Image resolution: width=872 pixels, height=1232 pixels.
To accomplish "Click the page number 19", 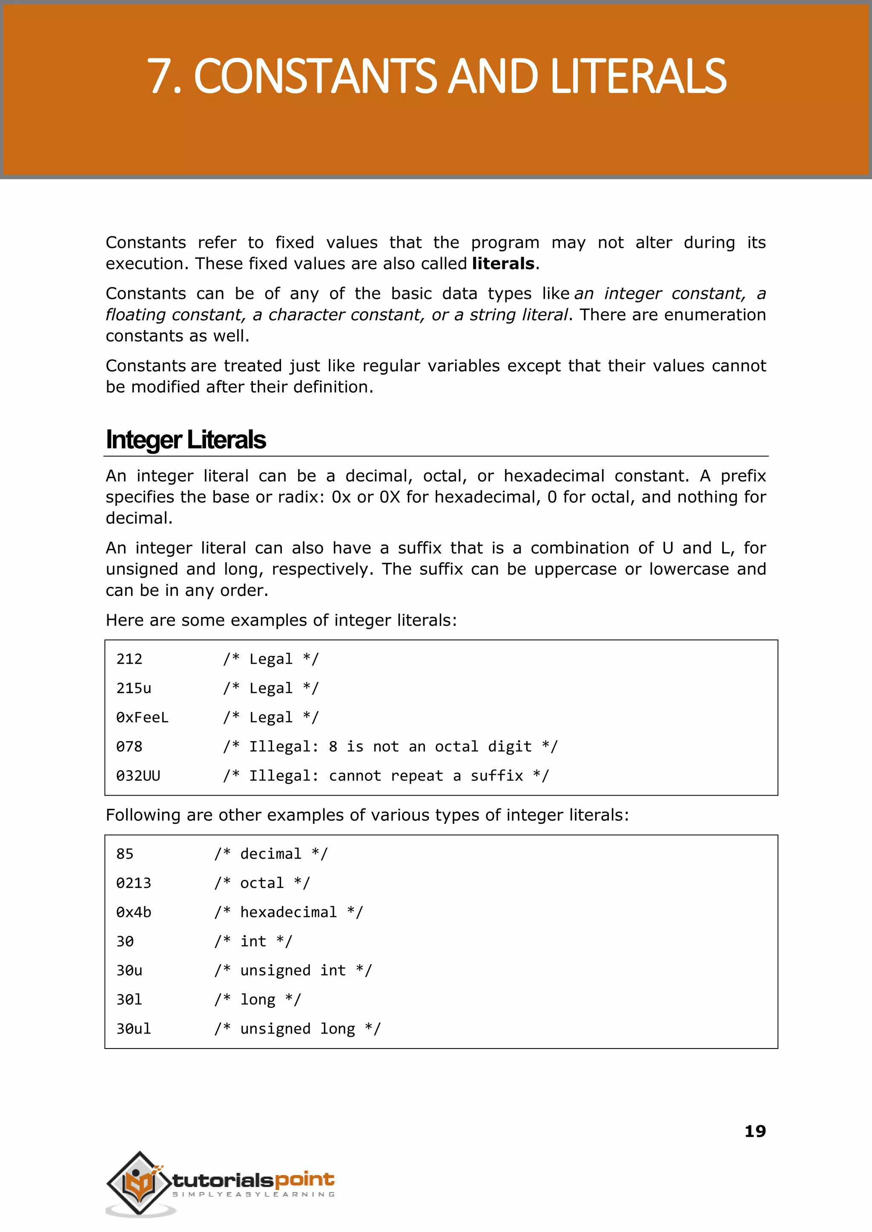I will (754, 1132).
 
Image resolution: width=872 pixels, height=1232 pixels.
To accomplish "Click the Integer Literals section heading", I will (186, 440).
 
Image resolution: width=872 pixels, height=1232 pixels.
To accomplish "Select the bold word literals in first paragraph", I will (503, 264).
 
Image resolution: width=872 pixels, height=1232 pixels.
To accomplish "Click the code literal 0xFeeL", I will (142, 718).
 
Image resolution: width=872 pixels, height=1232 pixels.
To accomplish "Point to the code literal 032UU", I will (138, 776).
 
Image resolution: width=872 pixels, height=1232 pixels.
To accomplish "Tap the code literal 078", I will (129, 747).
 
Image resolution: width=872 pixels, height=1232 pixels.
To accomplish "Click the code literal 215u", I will (134, 688).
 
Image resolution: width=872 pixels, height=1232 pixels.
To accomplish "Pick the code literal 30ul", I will (134, 1029).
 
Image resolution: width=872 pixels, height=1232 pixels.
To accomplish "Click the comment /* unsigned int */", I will (293, 971).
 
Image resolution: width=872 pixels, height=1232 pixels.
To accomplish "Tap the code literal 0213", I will (134, 883).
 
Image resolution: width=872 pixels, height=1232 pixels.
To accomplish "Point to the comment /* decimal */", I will (271, 854).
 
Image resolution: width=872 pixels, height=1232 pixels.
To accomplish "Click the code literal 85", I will (125, 854).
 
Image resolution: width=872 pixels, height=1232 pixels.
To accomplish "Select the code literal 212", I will (129, 659).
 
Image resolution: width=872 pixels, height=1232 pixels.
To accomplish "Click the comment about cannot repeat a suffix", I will (385, 776).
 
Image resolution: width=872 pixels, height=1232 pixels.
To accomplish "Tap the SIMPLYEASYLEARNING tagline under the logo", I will (253, 1195).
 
